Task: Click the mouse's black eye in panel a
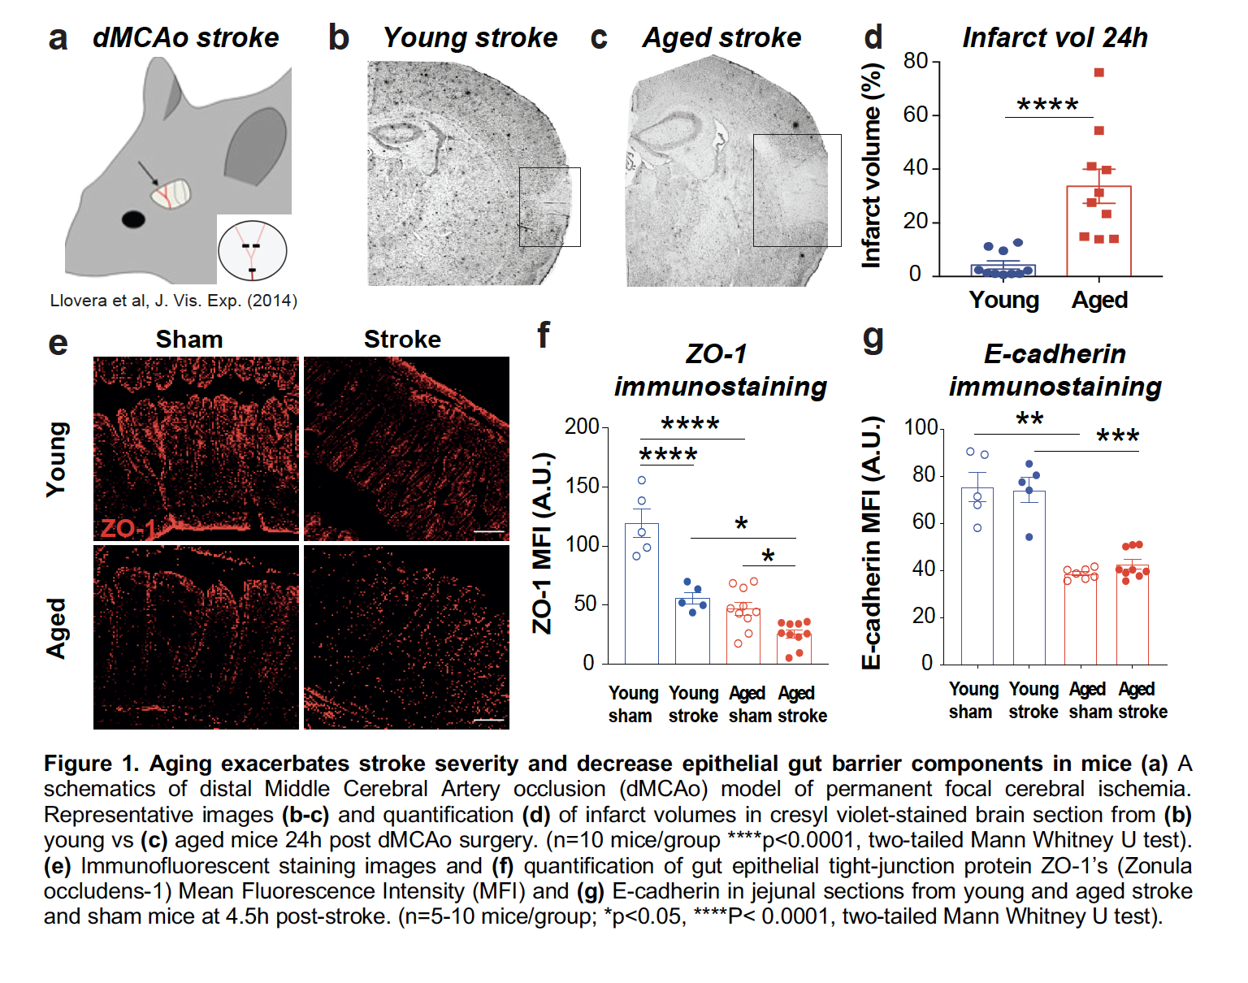[132, 219]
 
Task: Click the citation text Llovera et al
[173, 301]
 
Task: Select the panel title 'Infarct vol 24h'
[1055, 37]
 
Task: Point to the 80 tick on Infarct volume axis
[916, 61]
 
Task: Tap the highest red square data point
[1098, 72]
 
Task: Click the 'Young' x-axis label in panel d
[1003, 300]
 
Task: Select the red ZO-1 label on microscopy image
[128, 528]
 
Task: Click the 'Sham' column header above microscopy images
[189, 339]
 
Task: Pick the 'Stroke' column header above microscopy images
[402, 339]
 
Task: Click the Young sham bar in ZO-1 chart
[642, 594]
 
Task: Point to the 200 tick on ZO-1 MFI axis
[582, 427]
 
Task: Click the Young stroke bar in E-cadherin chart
[1029, 578]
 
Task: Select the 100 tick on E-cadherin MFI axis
[921, 427]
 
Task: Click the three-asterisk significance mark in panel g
[1118, 437]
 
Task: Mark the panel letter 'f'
[544, 334]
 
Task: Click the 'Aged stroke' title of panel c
[721, 37]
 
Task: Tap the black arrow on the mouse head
[148, 172]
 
